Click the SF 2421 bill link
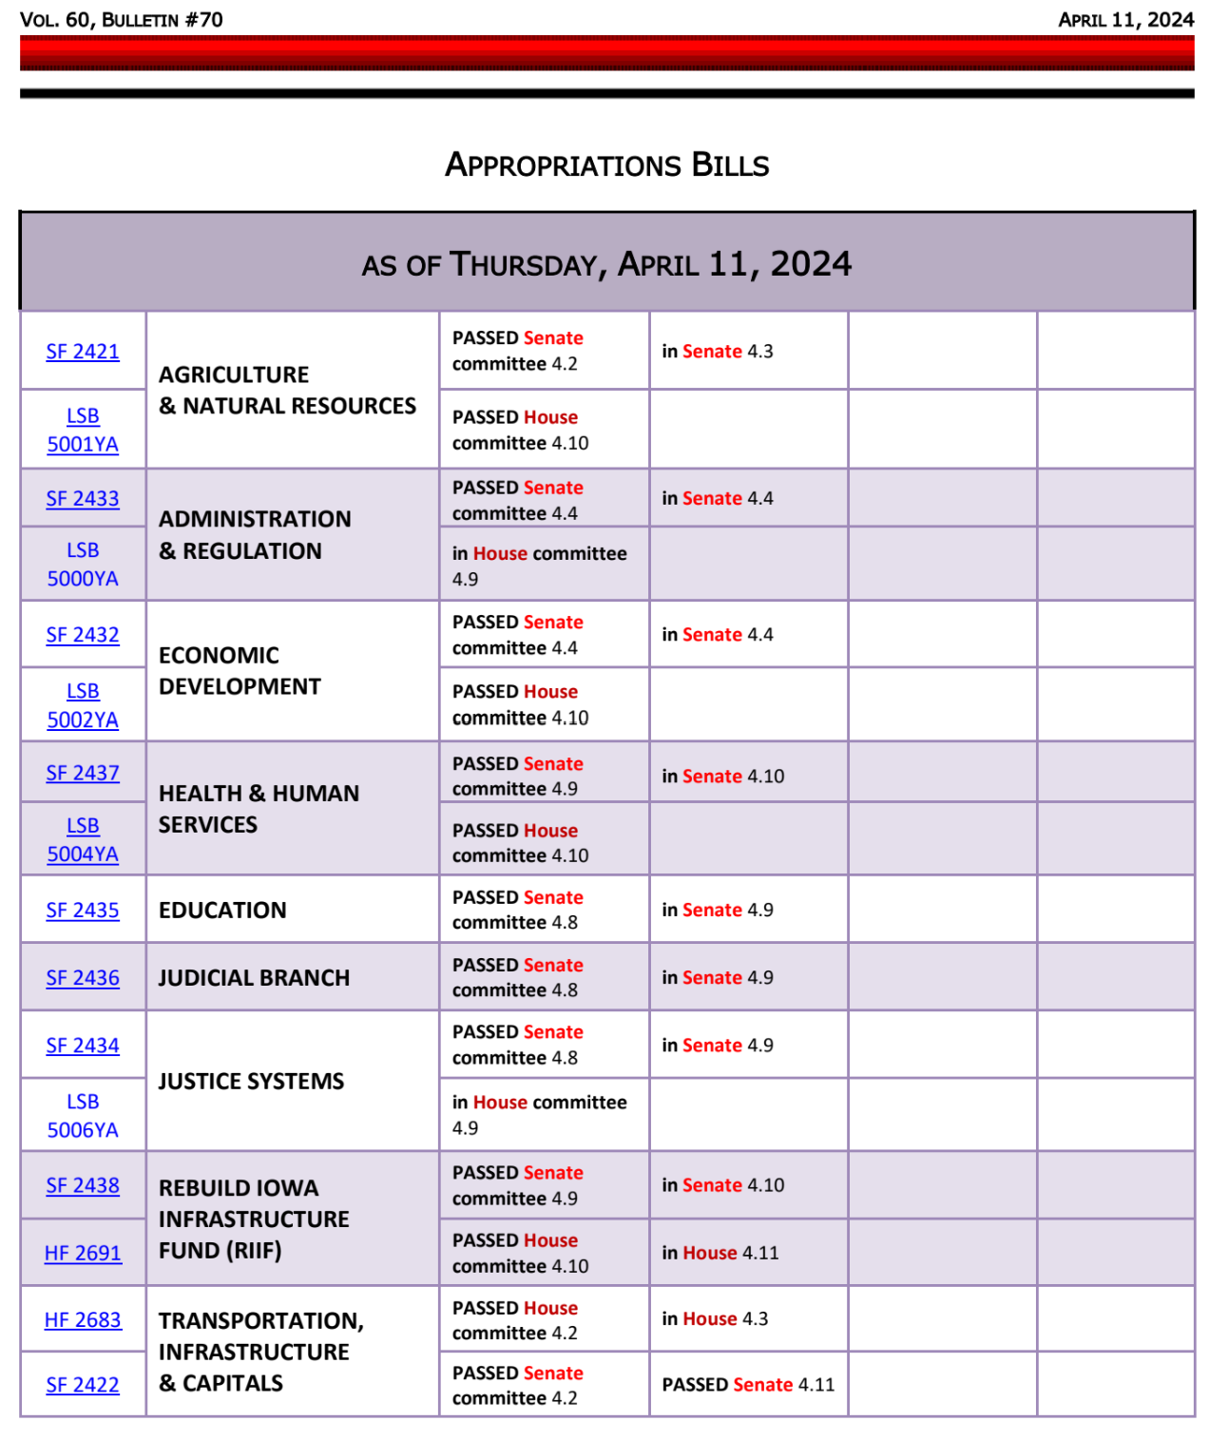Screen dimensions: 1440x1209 tap(83, 352)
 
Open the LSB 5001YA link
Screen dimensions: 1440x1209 tap(83, 431)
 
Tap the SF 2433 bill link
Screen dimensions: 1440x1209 tap(83, 499)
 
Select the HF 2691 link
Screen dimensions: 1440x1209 tap(83, 1254)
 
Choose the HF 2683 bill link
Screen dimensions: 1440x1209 tap(83, 1320)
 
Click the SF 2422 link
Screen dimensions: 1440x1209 tap(83, 1386)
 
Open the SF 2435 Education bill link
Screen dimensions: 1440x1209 tap(83, 911)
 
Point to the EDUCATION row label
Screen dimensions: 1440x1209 tap(222, 911)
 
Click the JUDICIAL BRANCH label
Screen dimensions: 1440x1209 tap(254, 978)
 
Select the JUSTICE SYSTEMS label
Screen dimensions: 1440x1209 tap(251, 1082)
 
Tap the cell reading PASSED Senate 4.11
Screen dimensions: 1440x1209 tap(748, 1385)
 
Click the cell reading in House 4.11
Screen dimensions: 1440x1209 tap(720, 1253)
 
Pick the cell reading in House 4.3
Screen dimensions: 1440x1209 tap(715, 1319)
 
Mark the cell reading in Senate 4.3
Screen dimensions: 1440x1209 tap(718, 352)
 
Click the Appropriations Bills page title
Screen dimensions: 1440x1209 tap(607, 164)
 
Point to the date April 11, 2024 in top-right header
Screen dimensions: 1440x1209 tap(1126, 20)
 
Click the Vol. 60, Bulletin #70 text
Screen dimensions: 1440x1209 tap(122, 20)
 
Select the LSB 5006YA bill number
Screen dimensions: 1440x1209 tap(83, 1116)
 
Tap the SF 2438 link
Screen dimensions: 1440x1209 tap(83, 1186)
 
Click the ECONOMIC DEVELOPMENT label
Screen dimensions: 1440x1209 tap(240, 671)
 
